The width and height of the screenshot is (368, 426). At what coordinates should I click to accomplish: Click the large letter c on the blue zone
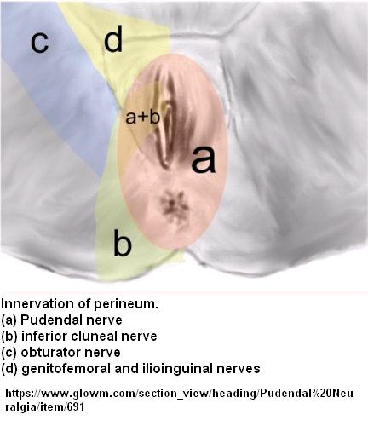tap(40, 42)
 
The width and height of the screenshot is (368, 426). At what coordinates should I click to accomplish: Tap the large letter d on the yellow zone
tap(113, 38)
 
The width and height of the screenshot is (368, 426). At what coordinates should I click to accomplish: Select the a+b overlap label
tap(143, 117)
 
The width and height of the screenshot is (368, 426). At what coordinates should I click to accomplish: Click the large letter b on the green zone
tap(123, 242)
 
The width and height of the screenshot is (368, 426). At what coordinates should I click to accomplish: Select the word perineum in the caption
tap(126, 304)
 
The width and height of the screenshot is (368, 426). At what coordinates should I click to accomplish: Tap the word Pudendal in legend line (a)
tap(51, 320)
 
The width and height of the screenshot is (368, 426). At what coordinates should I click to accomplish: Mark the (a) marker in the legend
tap(9, 320)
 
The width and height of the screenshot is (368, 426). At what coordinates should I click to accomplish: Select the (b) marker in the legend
tap(9, 337)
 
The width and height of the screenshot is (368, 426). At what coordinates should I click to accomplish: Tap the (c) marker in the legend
tap(9, 353)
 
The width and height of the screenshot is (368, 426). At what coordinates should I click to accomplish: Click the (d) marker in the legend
tap(9, 369)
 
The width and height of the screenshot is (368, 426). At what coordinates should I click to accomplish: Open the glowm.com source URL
tap(179, 400)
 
